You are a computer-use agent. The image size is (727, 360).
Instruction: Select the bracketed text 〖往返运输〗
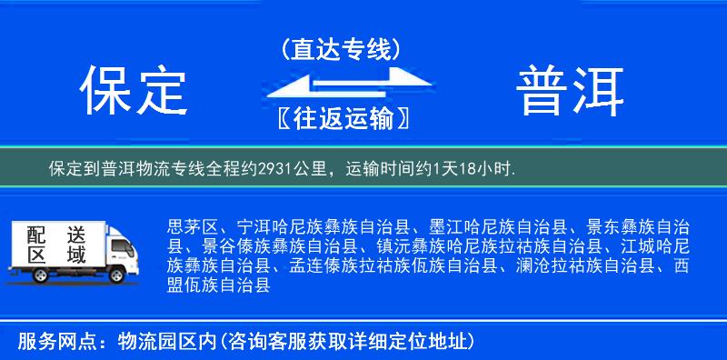[340, 118]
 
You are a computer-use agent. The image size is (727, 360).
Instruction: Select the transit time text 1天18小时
[478, 168]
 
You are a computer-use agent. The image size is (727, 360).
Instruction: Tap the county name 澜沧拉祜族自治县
[587, 265]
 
